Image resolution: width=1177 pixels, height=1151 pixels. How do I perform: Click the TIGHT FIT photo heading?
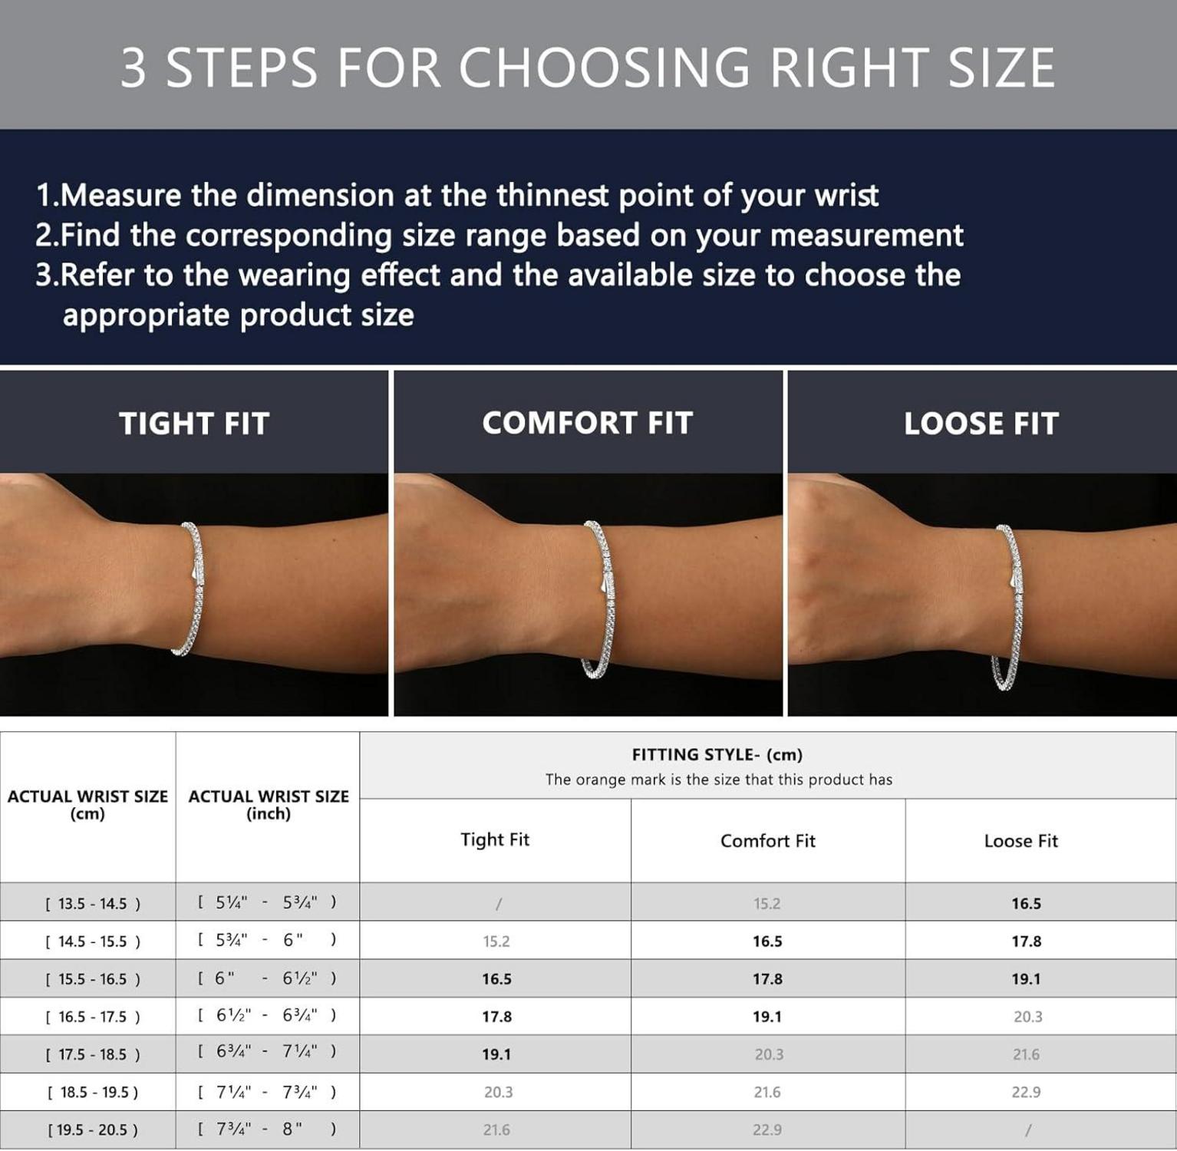tap(194, 424)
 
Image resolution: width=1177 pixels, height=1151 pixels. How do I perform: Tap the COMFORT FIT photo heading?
tap(588, 423)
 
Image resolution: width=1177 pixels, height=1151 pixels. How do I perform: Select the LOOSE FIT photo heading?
tap(981, 424)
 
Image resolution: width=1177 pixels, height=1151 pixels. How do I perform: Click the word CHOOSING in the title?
tap(605, 68)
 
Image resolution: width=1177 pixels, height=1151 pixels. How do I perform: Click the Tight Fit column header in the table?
tap(495, 839)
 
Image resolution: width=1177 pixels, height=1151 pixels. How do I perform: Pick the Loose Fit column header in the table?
tap(1020, 841)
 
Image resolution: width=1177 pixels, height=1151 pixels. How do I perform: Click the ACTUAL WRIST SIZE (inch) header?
tap(269, 805)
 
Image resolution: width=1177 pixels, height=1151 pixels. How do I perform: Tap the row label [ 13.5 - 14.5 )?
tap(93, 903)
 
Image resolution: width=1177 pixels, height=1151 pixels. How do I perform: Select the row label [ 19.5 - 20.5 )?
tap(93, 1130)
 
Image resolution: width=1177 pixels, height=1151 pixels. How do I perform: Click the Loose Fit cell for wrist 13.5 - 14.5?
tap(1026, 903)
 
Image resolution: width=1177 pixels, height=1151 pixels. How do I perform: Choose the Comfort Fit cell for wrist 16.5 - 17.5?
tap(767, 1017)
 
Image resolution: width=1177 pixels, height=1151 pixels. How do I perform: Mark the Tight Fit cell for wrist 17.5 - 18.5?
tap(496, 1054)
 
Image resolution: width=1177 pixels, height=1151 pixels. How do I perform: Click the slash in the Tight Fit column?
tap(499, 904)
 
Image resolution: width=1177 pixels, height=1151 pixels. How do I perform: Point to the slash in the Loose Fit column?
tap(1028, 1130)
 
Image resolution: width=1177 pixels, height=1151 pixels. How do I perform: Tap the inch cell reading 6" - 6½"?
tap(267, 978)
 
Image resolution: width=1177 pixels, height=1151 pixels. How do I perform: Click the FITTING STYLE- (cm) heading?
tap(717, 754)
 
